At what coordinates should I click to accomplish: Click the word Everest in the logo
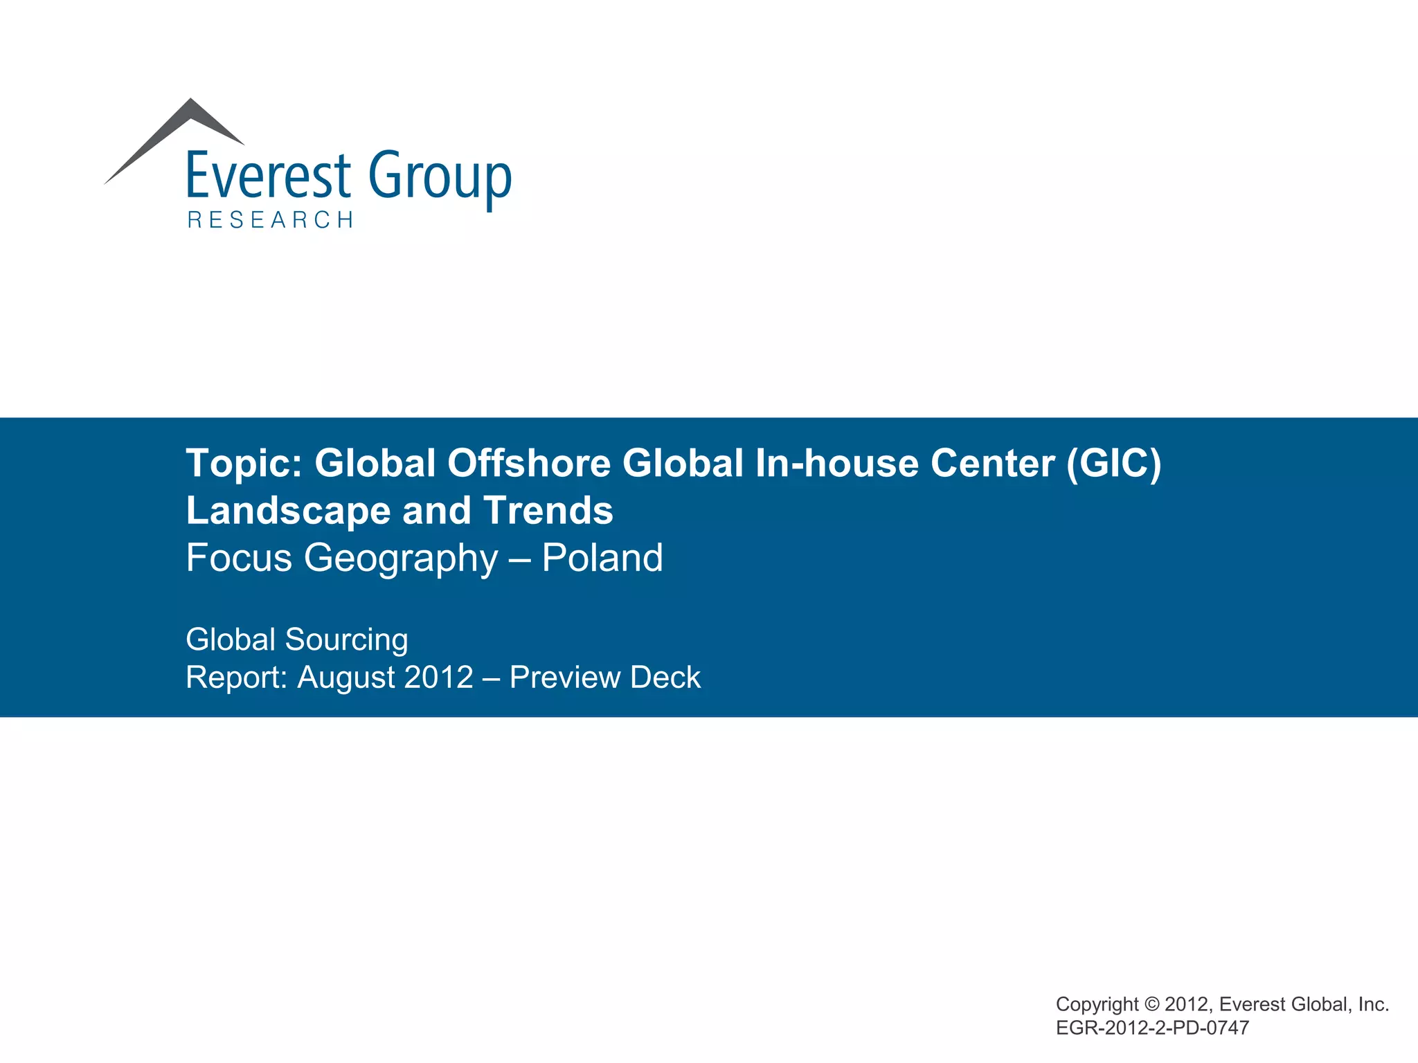tap(269, 176)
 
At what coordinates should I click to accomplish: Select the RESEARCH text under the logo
tap(271, 220)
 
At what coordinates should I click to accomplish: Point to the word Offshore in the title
tap(529, 463)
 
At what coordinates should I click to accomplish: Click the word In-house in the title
tap(836, 463)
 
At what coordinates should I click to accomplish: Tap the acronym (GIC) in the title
tap(1113, 463)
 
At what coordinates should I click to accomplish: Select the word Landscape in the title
tap(289, 511)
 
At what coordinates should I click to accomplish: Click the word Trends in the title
tap(548, 511)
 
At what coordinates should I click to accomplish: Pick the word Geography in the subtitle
tap(401, 558)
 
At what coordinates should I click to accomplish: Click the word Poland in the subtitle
tap(602, 558)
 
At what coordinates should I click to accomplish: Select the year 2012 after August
tap(438, 677)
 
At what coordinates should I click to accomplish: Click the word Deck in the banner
tap(665, 677)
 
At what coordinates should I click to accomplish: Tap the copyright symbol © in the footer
tap(1151, 1004)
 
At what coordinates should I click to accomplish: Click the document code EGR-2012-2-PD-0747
tap(1152, 1028)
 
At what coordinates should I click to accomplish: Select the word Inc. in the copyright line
tap(1373, 1004)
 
